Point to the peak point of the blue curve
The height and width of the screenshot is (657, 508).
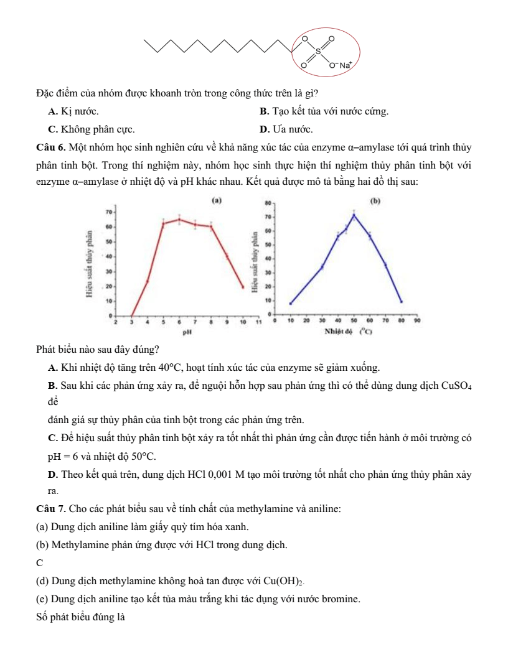click(x=354, y=215)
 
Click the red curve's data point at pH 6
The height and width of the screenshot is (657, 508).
click(x=179, y=219)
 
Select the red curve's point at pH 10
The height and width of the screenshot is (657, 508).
click(x=243, y=287)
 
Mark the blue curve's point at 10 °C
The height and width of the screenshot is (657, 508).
click(x=291, y=304)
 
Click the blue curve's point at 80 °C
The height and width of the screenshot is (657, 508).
click(x=402, y=302)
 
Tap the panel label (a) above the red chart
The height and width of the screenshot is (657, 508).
click(x=217, y=200)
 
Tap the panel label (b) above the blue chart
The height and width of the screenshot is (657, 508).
click(x=375, y=201)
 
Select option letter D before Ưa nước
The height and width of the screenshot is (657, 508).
click(x=263, y=129)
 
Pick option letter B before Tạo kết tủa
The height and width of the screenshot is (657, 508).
click(x=263, y=111)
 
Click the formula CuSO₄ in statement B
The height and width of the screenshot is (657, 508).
click(x=458, y=382)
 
